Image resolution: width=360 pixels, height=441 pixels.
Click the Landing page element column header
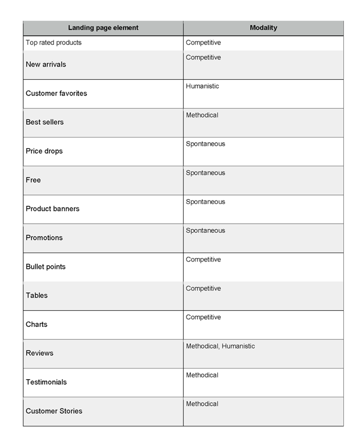pos(103,28)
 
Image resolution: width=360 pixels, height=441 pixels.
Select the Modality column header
pos(263,28)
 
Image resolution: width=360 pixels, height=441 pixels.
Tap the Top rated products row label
pos(53,43)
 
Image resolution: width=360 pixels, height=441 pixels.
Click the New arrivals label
pos(46,64)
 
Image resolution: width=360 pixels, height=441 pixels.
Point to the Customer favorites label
pos(56,93)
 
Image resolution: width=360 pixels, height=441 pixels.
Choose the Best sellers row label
pos(44,122)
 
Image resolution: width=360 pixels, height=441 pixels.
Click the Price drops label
pos(44,151)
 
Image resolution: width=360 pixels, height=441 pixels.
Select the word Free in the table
pos(33,180)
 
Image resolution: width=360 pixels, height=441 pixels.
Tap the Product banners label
pos(52,209)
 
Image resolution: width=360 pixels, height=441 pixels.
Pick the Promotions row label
pos(44,238)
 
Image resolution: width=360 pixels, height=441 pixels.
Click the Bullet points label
pos(46,266)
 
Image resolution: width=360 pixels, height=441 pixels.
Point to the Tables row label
pos(37,295)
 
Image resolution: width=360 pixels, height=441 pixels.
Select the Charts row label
pos(36,324)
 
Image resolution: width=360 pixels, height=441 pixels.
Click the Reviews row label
pos(40,353)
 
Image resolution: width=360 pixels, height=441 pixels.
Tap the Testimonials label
pos(46,382)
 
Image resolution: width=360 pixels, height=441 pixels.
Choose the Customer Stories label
pos(54,411)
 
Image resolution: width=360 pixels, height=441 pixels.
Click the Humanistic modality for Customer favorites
pos(202,86)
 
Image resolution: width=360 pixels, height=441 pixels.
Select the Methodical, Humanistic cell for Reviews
pos(220,346)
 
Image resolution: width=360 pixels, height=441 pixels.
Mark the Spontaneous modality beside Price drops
pos(205,144)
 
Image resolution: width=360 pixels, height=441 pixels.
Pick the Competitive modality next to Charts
pos(203,317)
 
